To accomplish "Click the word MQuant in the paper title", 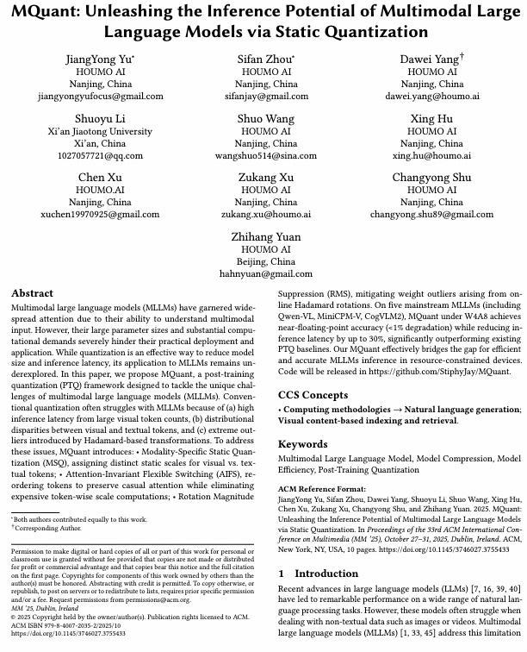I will pyautogui.click(x=45, y=12).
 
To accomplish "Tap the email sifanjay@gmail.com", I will pyautogui.click(x=265, y=97).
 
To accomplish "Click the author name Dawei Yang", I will pyautogui.click(x=431, y=59).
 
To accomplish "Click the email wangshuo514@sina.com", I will pyautogui.click(x=265, y=156).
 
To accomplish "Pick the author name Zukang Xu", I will pyautogui.click(x=265, y=178).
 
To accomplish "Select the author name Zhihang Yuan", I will pyautogui.click(x=265, y=236).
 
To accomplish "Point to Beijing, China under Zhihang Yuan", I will pyautogui.click(x=265, y=261).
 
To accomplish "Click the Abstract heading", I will pyautogui.click(x=32, y=293).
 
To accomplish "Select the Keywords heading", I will pyautogui.click(x=302, y=444).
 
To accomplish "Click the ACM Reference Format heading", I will pyautogui.click(x=320, y=489).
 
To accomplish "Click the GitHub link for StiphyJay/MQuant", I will pyautogui.click(x=440, y=372).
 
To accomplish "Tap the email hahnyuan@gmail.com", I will pyautogui.click(x=265, y=273).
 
